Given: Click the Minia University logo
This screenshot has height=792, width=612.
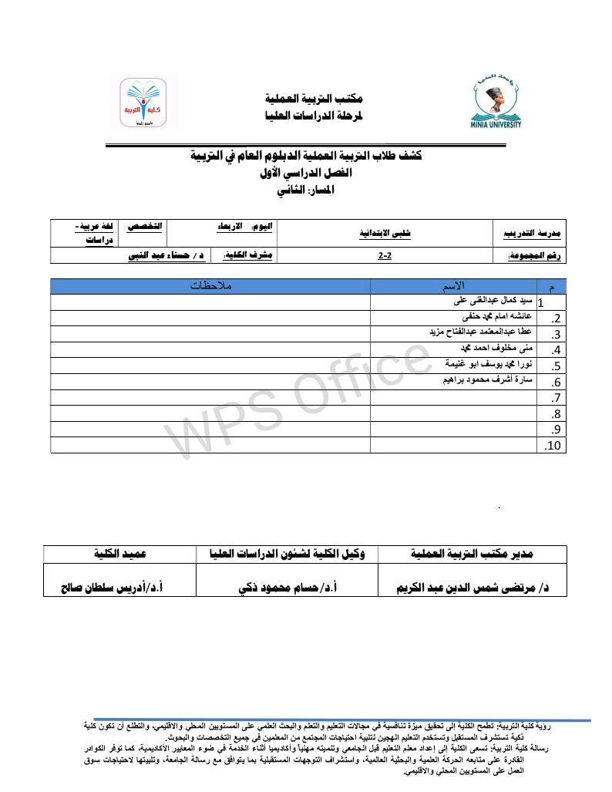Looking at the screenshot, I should (x=496, y=104).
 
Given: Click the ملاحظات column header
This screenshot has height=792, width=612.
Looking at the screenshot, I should (x=211, y=286).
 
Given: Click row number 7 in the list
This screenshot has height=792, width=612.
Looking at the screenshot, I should (x=555, y=398).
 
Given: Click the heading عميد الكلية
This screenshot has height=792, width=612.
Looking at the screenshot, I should (x=120, y=554).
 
